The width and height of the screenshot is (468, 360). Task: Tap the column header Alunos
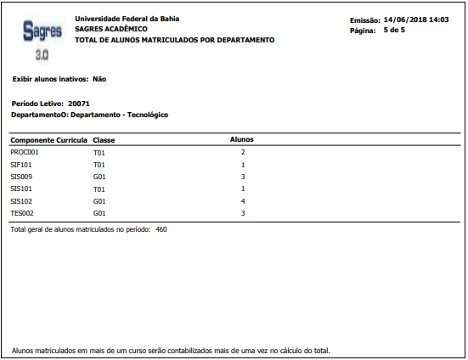point(242,139)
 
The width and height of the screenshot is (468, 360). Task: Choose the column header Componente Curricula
point(48,139)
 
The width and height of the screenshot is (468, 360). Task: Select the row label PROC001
point(25,152)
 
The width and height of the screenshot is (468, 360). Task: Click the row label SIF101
point(21,165)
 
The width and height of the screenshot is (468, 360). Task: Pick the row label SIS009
point(21,177)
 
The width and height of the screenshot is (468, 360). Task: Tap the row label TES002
point(22,213)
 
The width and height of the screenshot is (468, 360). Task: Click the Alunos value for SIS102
point(243,201)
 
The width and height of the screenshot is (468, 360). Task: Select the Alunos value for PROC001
point(243,152)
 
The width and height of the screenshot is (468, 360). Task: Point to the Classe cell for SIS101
point(99,188)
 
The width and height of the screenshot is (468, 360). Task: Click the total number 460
point(161,229)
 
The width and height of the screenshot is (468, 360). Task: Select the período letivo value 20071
point(79,102)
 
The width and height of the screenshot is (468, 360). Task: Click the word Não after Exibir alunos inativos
point(99,78)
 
